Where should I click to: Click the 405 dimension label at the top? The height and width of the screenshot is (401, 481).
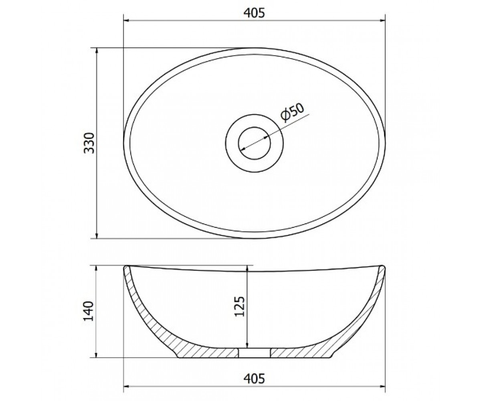[x=254, y=13]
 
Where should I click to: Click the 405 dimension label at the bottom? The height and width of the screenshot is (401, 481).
[x=254, y=379]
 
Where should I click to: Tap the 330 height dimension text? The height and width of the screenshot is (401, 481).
[x=89, y=143]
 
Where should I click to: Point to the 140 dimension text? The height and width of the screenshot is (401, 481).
[x=89, y=311]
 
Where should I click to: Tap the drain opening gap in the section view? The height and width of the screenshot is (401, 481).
[x=254, y=353]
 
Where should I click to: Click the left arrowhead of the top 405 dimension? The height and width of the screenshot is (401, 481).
[x=127, y=21]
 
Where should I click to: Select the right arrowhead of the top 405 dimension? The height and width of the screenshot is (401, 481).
[x=382, y=21]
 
